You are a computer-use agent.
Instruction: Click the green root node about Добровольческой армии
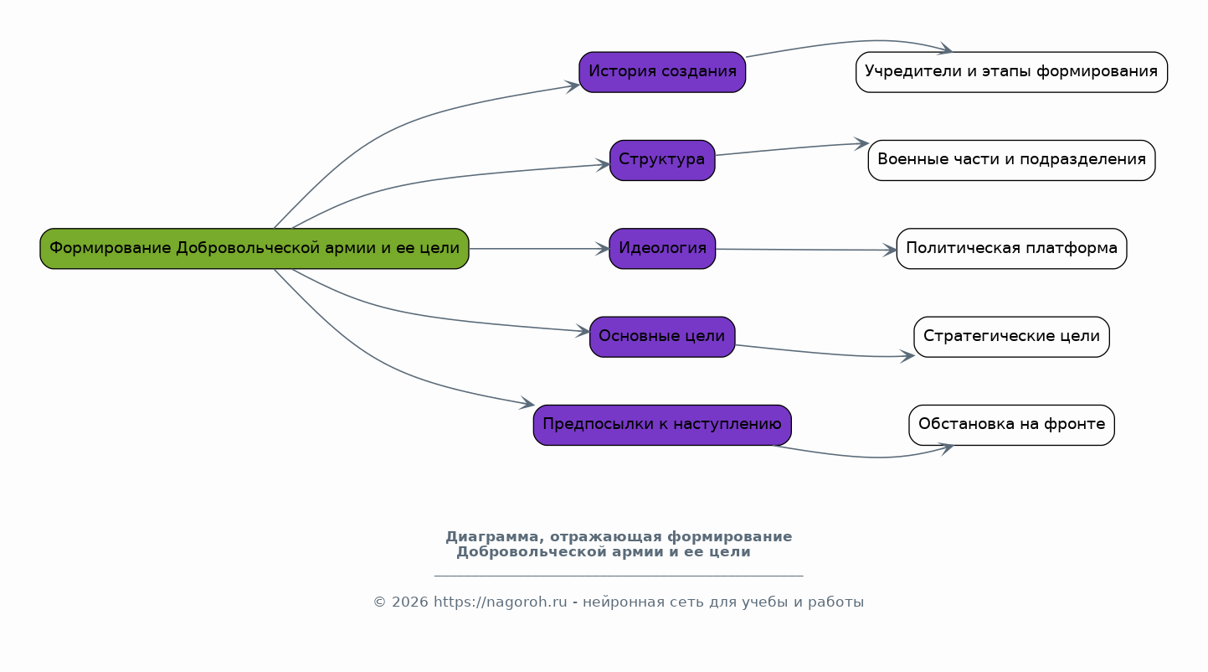click(254, 248)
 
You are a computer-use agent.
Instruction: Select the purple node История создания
click(662, 72)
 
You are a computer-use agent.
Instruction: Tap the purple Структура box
click(662, 160)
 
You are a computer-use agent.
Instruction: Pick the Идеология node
click(662, 248)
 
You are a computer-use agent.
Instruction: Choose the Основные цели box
click(662, 337)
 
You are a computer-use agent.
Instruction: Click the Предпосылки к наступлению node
click(662, 425)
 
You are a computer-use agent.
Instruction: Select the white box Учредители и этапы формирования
click(1011, 72)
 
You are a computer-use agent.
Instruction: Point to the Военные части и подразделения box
click(1011, 160)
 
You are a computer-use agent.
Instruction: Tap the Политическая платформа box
click(1011, 248)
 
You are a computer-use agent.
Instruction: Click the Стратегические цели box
click(1011, 337)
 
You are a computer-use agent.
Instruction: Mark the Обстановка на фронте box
click(1011, 425)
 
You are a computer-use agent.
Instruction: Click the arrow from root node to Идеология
click(539, 249)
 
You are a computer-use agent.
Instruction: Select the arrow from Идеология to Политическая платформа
click(806, 250)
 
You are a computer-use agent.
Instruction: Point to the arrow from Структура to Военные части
click(792, 149)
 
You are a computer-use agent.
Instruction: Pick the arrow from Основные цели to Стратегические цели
click(825, 354)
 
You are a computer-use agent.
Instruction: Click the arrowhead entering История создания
click(573, 86)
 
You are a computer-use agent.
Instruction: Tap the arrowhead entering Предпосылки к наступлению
click(527, 403)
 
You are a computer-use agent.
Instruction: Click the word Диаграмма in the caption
click(495, 537)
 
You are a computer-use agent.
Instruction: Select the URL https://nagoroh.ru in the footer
click(501, 602)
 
